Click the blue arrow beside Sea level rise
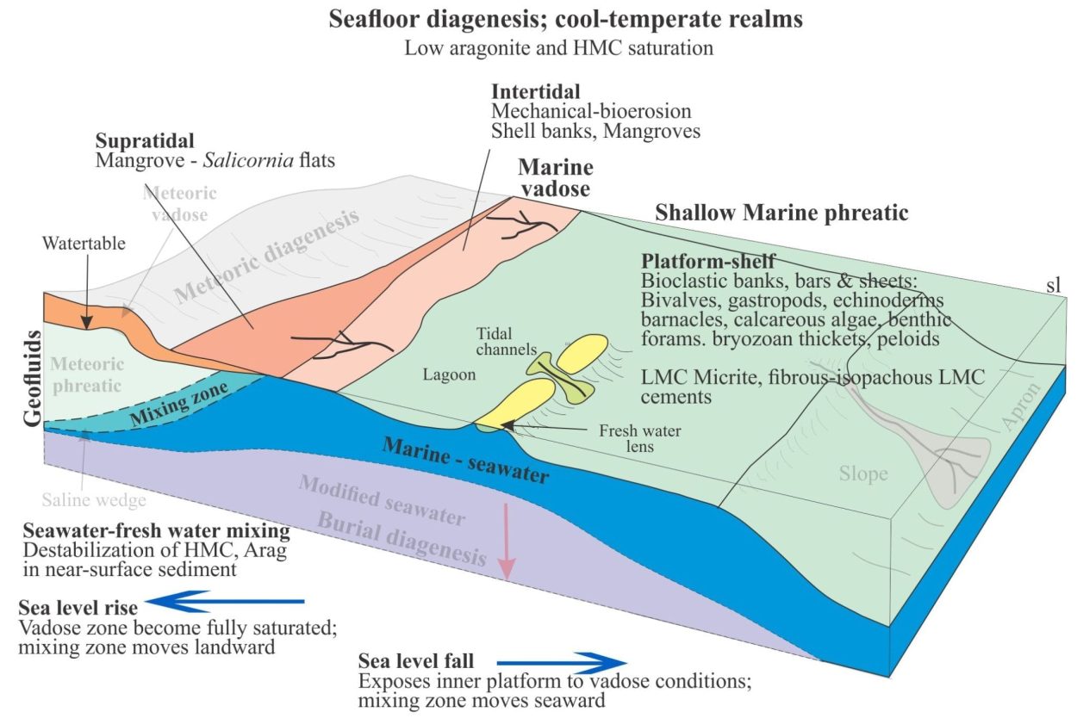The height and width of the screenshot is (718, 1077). (225, 601)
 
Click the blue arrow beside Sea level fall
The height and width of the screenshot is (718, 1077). (562, 663)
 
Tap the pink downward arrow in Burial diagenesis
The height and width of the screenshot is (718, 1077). (506, 541)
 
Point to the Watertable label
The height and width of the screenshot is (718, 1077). (84, 244)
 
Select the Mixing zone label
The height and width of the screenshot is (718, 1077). (179, 404)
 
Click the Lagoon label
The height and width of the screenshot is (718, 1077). (449, 374)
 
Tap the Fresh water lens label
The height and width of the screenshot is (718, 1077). (640, 438)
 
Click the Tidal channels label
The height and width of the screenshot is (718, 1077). (506, 341)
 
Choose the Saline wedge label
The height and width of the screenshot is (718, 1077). (94, 500)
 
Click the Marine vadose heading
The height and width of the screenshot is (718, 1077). (556, 177)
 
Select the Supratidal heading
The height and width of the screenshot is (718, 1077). (145, 140)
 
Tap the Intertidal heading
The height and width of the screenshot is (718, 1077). (536, 91)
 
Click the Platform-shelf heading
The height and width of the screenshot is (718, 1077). (708, 261)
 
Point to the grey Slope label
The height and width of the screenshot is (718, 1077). (863, 474)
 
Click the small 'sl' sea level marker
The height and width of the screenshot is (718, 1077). (1054, 285)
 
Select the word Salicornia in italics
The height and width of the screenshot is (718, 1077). (248, 160)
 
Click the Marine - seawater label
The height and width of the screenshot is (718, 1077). (465, 461)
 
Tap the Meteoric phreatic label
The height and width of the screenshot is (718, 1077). (87, 374)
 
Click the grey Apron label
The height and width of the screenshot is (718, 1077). (1021, 406)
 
